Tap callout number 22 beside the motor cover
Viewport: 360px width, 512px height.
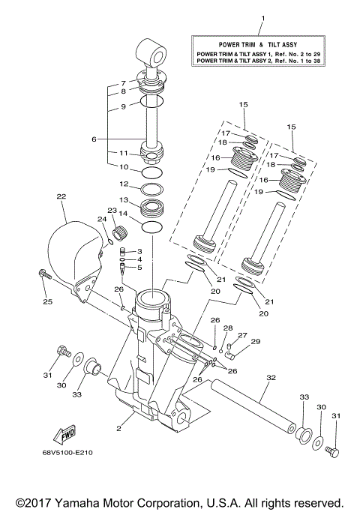tap(61, 197)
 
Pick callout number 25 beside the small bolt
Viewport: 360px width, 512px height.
tap(46, 303)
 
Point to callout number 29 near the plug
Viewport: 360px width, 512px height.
tap(255, 342)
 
